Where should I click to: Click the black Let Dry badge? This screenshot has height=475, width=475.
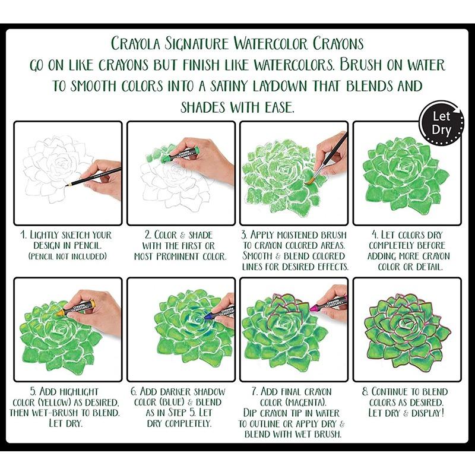coord(441,122)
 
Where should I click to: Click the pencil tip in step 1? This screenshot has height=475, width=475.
coord(66,185)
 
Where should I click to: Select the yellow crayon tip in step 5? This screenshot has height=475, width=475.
coord(59,312)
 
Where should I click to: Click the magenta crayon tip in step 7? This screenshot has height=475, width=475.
coord(312,309)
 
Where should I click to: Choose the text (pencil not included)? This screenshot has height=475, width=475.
coord(68,256)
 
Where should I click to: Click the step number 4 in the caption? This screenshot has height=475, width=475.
coord(375,235)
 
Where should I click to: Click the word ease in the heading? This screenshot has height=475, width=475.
coord(279,107)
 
